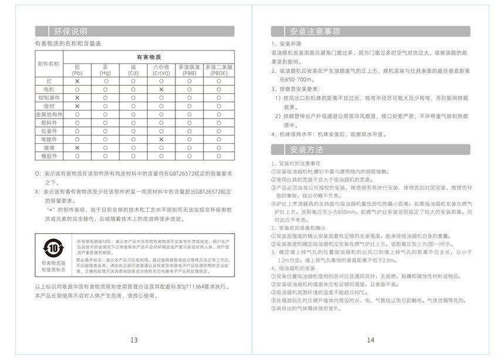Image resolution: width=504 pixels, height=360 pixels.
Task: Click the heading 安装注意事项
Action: click(315, 31)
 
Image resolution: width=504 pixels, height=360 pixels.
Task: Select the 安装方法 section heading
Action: click(307, 149)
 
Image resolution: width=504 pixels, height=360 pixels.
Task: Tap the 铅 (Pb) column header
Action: click(77, 70)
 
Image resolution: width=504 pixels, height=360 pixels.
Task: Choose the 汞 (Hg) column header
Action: click(105, 70)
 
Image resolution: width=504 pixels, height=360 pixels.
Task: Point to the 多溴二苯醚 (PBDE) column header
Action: click(219, 70)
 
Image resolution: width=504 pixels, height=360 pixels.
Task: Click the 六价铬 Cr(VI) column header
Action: click(161, 70)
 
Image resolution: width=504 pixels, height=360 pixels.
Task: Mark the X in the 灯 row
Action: click(77, 80)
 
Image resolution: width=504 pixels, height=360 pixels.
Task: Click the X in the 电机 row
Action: click(161, 89)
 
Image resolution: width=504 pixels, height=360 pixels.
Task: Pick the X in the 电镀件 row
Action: click(161, 139)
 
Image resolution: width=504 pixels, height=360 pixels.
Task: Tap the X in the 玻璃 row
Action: click(77, 148)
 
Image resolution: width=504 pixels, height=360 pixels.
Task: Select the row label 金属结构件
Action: click(49, 114)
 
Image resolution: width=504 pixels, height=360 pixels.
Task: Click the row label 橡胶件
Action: click(49, 156)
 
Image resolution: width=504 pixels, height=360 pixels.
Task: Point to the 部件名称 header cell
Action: click(49, 63)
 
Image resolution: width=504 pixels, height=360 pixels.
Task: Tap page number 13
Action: click(134, 340)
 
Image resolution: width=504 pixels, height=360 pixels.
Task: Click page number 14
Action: click(370, 340)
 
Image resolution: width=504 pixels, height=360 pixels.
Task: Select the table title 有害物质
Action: click(148, 57)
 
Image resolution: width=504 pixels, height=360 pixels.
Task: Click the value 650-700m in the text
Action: click(296, 79)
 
